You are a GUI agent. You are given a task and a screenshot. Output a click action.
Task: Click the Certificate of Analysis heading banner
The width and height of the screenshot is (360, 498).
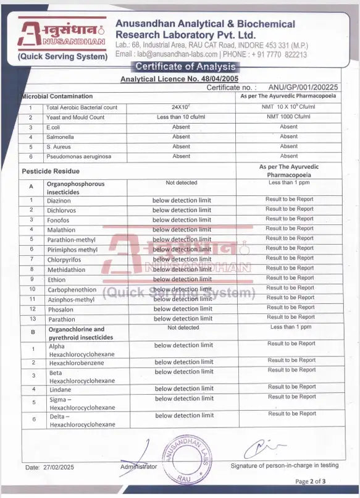click(x=185, y=67)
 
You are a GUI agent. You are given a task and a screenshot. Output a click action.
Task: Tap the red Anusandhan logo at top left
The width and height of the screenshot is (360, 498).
click(x=62, y=33)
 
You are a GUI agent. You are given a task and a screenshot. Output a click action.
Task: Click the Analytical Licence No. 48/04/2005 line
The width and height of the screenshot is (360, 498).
click(x=178, y=78)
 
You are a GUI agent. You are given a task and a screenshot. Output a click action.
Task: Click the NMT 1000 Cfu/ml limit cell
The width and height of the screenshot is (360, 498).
click(x=288, y=117)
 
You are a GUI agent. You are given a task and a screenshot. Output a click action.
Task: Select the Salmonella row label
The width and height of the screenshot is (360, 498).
click(x=59, y=137)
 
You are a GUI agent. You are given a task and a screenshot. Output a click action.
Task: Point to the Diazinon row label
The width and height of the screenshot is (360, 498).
click(x=59, y=201)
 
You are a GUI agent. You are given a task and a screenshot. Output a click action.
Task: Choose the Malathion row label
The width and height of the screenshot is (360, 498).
click(x=61, y=230)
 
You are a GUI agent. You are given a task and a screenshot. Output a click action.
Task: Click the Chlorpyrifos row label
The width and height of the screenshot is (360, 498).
click(x=64, y=260)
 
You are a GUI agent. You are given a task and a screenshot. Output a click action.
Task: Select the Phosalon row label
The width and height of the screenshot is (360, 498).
click(x=61, y=310)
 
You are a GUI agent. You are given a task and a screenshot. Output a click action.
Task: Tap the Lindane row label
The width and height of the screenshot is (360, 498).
click(x=60, y=390)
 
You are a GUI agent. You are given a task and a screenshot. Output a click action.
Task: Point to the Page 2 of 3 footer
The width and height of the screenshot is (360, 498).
click(x=310, y=481)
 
